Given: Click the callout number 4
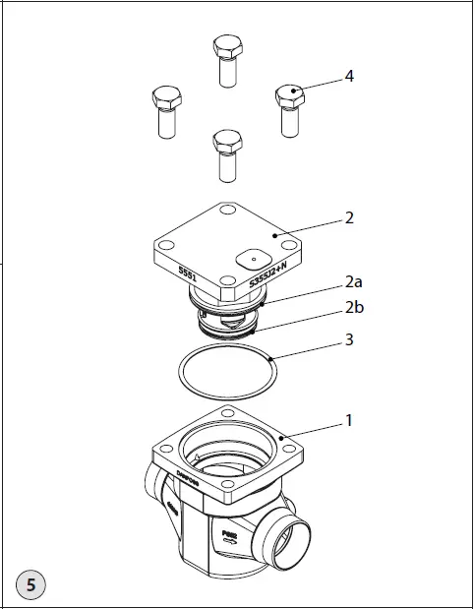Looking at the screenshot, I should [349, 76].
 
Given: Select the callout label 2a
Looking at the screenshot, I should [355, 281].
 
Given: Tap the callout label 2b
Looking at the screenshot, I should [355, 308].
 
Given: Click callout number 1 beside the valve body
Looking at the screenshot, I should [348, 420].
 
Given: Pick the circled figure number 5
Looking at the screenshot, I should [30, 582].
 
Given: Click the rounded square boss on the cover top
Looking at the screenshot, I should [253, 258].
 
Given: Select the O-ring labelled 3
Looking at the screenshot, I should [226, 373].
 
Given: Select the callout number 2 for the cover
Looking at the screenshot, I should [349, 218].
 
